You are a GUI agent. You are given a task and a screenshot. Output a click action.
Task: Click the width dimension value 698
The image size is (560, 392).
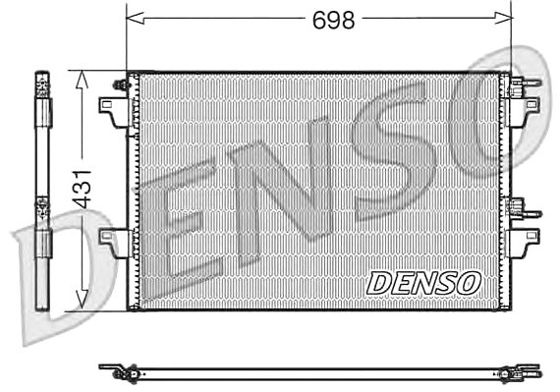click(334, 20)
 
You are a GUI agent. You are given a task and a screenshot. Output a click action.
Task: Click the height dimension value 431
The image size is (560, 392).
click(83, 190)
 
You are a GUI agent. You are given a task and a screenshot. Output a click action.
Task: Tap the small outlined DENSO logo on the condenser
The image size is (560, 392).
click(423, 283)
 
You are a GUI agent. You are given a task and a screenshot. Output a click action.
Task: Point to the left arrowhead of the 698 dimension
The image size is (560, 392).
click(136, 18)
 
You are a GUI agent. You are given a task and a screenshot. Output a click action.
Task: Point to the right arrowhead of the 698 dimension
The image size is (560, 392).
click(503, 18)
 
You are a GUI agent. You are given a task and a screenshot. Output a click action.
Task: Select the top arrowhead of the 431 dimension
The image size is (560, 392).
click(83, 80)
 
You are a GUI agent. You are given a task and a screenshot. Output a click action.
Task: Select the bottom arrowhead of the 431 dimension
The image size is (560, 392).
click(83, 300)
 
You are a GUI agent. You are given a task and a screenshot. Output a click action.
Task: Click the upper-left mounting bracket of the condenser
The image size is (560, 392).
click(114, 112)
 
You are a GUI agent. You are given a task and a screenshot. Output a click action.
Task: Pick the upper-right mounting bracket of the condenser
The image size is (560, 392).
click(525, 112)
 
